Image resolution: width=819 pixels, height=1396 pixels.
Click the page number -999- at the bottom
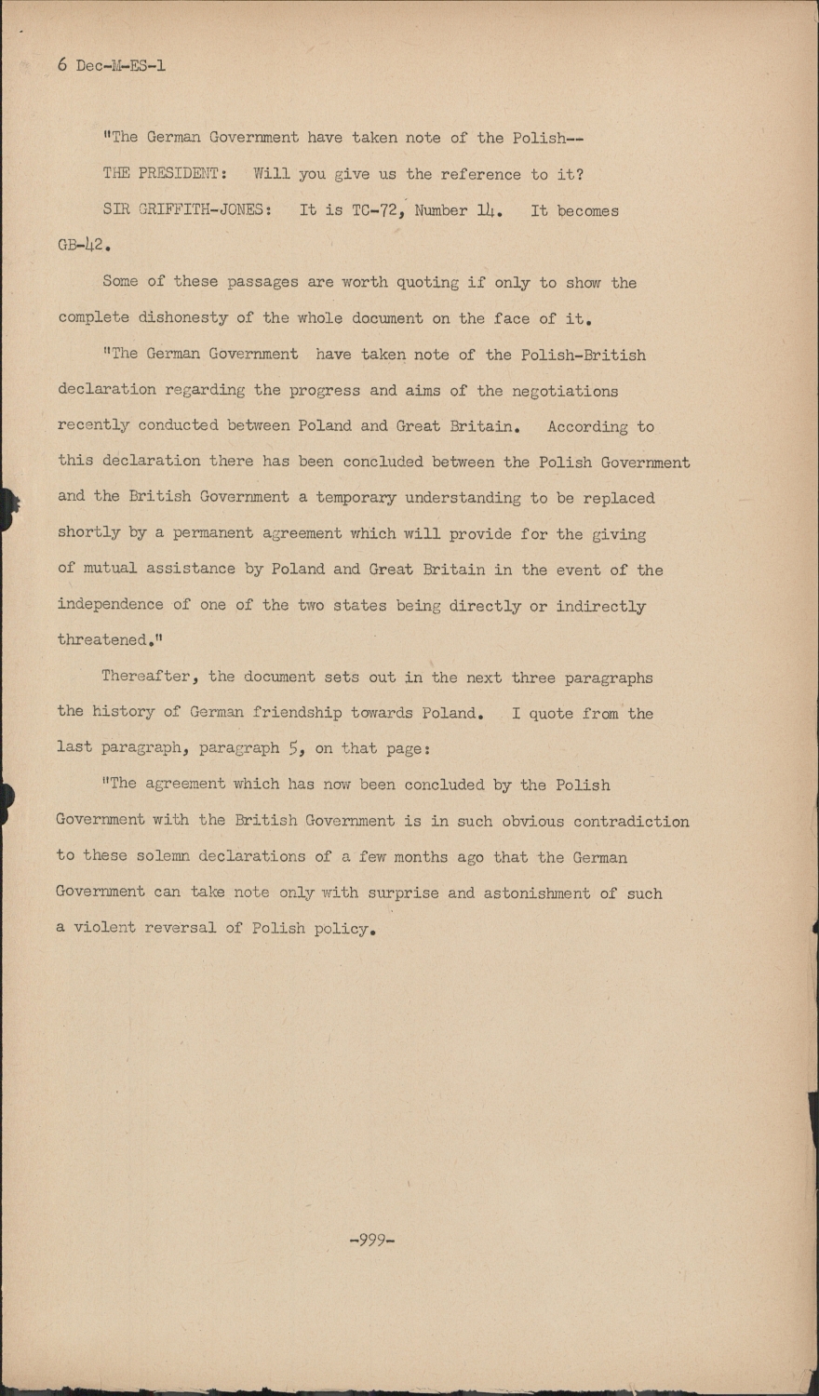pyautogui.click(x=371, y=1240)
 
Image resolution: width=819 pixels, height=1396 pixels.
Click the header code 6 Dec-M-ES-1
pyautogui.click(x=112, y=65)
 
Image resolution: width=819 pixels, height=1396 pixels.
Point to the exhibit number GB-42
pyautogui.click(x=84, y=247)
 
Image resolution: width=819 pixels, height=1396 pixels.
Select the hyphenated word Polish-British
pyautogui.click(x=583, y=355)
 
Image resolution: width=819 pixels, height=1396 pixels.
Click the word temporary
pyautogui.click(x=356, y=498)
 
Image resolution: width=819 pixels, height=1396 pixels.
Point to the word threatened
pyautogui.click(x=102, y=640)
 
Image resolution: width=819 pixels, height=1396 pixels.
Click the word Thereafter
pyautogui.click(x=150, y=677)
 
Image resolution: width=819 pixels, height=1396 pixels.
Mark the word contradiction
pyautogui.click(x=631, y=822)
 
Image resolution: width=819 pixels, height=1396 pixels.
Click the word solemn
pyautogui.click(x=163, y=856)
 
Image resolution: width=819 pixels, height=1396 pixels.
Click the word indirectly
pyautogui.click(x=600, y=606)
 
